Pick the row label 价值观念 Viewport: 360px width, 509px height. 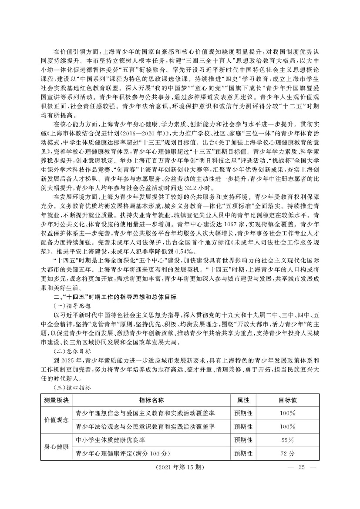coord(56,419)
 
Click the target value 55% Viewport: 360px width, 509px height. coord(288,439)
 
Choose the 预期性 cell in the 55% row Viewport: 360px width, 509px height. coord(243,439)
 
